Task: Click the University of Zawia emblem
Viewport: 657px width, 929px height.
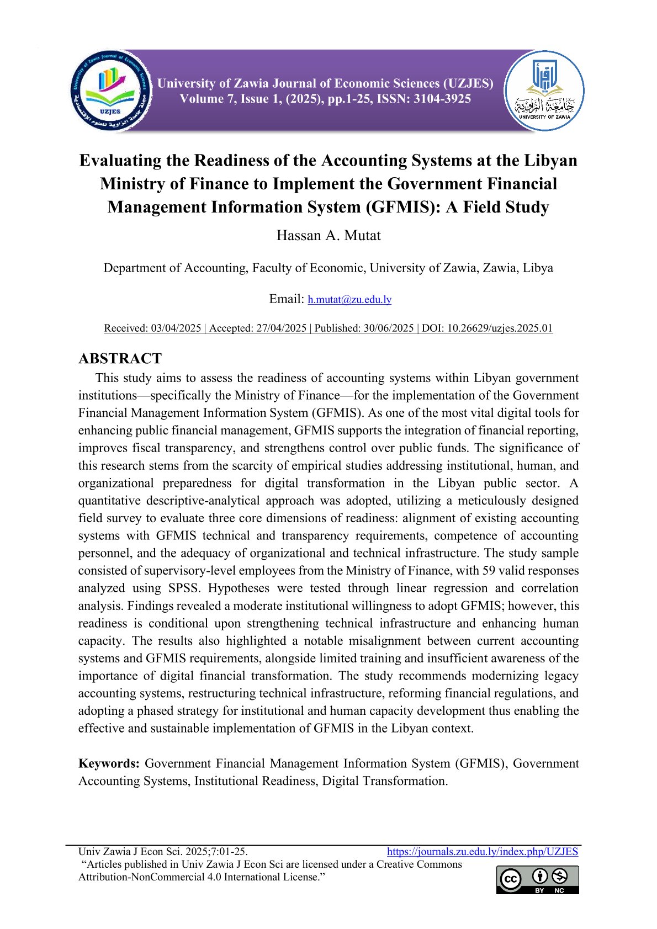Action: (x=544, y=91)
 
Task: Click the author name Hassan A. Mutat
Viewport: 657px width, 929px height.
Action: (x=328, y=236)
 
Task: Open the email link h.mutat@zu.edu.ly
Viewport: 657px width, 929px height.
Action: (x=349, y=300)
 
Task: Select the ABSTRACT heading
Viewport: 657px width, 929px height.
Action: (x=120, y=359)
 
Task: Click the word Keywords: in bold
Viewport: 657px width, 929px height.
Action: (x=109, y=763)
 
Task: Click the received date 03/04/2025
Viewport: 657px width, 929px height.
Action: (x=176, y=328)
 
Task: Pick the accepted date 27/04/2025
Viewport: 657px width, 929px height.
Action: (x=281, y=328)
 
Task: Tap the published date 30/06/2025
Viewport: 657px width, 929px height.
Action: (x=388, y=328)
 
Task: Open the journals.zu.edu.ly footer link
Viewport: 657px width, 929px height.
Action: (x=483, y=852)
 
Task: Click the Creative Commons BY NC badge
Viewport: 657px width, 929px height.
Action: (x=537, y=879)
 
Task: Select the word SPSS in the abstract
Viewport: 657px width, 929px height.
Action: (x=183, y=588)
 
